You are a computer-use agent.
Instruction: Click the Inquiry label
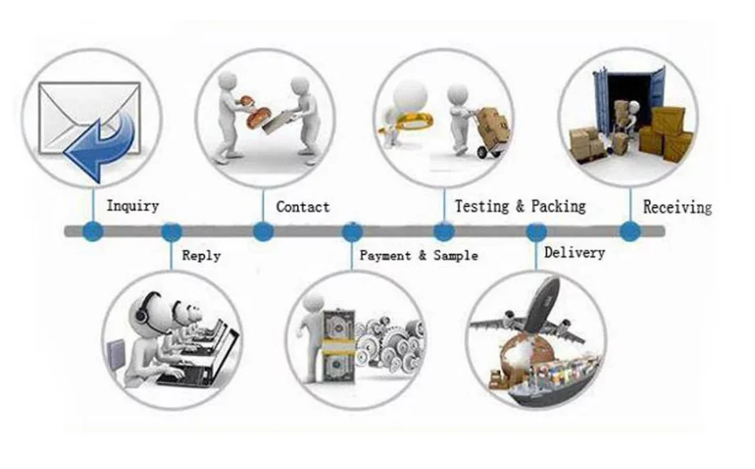(x=132, y=207)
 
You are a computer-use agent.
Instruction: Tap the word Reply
(x=201, y=255)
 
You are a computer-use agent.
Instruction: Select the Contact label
(x=303, y=207)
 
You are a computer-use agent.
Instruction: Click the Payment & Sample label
(x=418, y=255)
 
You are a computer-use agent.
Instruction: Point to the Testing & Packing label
(x=520, y=207)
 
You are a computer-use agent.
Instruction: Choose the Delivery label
(x=575, y=253)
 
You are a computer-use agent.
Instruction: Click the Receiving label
(x=677, y=207)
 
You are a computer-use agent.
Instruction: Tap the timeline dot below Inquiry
(x=93, y=232)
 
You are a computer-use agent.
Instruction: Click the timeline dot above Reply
(x=171, y=232)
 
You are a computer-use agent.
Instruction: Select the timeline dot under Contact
(x=263, y=232)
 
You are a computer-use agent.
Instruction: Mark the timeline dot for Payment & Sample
(x=352, y=232)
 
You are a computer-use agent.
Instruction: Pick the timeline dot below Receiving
(x=629, y=232)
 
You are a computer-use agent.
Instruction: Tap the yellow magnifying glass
(x=407, y=121)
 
